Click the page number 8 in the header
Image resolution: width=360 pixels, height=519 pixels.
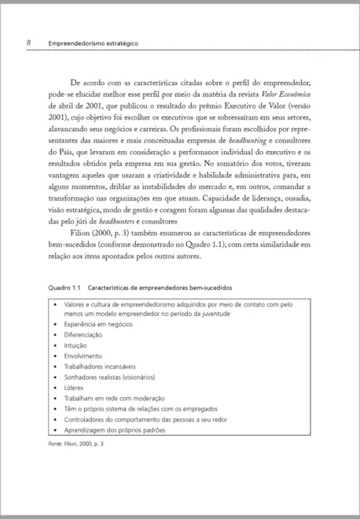(28, 42)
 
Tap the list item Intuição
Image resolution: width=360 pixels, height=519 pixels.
(76, 344)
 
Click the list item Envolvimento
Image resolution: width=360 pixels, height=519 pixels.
(83, 355)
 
